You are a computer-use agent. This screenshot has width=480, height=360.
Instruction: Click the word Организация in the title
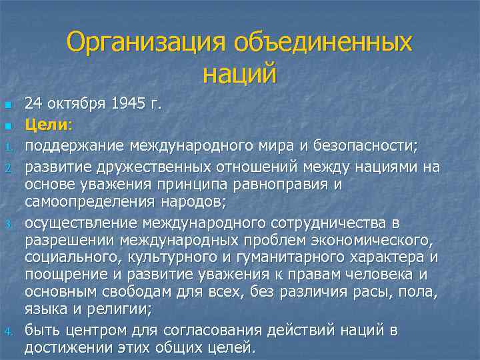147,43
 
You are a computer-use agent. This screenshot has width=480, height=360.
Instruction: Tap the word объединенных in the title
323,43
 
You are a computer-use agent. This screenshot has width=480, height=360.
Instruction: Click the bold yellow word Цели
45,124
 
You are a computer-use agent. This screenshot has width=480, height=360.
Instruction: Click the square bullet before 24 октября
8,105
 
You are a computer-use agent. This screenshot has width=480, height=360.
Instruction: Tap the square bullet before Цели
8,125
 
